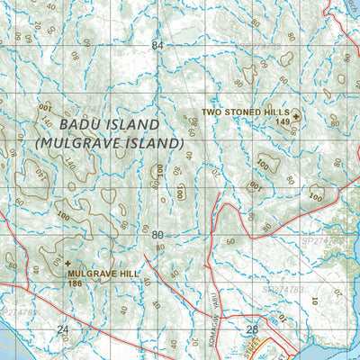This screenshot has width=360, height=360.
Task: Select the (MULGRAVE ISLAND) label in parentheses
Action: [x=109, y=142]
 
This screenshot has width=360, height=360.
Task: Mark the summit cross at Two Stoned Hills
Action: [x=296, y=113]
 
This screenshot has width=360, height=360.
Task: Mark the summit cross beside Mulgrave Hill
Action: [x=67, y=264]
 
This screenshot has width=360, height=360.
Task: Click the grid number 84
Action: [x=158, y=45]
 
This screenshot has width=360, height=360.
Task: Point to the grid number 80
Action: [x=158, y=235]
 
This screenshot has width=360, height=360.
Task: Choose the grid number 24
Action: [x=62, y=330]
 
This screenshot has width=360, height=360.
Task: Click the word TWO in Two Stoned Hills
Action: [x=211, y=112]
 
